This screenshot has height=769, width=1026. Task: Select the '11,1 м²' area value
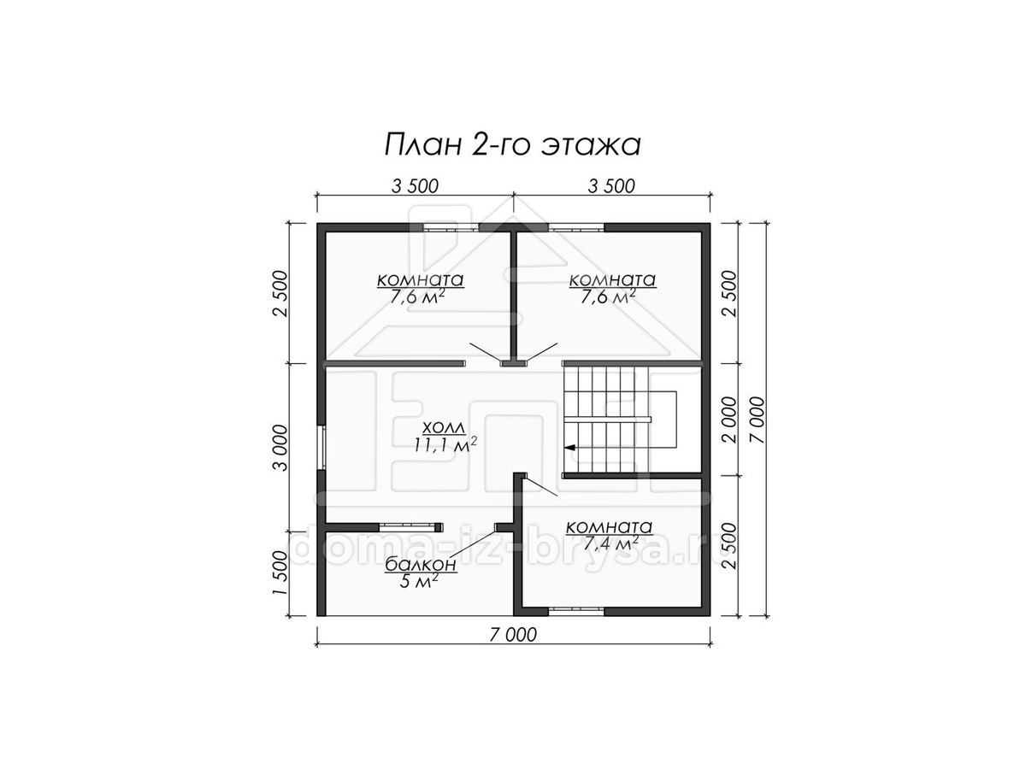445,444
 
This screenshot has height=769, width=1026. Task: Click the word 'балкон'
420,565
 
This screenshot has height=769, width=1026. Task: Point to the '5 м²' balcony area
419,580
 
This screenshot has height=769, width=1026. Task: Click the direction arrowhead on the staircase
569,447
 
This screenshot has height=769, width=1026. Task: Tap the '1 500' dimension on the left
280,572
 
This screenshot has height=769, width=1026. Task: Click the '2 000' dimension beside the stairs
728,420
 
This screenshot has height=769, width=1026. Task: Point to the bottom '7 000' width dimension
513,635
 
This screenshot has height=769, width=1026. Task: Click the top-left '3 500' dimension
415,186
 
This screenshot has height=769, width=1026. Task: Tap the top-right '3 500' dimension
611,186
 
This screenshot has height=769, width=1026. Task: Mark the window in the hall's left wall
321,447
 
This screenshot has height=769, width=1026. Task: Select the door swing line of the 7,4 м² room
541,485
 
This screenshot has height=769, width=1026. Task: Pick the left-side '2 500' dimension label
280,294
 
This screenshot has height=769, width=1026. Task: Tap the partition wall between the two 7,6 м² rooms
513,296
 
